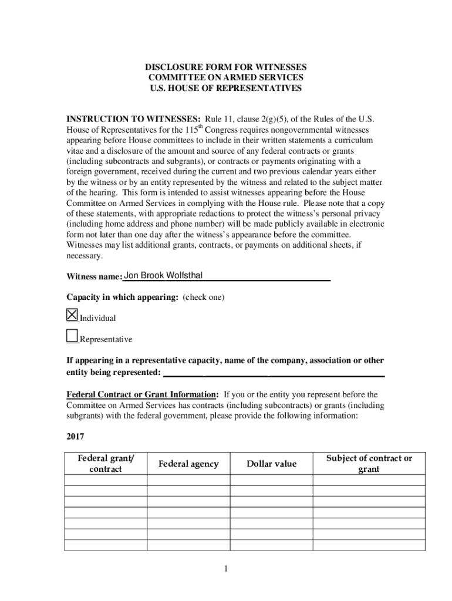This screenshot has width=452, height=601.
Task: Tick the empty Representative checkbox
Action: coord(72,336)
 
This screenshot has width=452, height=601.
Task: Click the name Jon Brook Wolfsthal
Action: coord(164,275)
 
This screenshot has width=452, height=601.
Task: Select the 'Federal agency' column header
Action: coord(188,464)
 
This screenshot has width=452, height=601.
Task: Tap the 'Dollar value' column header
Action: coord(271,464)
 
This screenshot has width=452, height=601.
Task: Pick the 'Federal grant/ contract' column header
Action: coord(106,464)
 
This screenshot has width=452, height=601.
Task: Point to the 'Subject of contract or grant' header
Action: coord(369,464)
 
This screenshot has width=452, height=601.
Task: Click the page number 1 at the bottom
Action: coord(226,568)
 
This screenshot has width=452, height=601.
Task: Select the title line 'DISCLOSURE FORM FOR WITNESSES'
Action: coord(226,67)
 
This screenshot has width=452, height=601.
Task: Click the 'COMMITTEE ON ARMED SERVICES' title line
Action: coord(226,77)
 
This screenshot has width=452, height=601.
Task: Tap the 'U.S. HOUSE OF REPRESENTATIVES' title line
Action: coord(226,88)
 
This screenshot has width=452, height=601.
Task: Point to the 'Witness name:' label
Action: coord(94,276)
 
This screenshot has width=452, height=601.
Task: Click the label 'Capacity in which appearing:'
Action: coord(122,297)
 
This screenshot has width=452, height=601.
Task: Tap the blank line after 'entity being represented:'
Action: coord(274,373)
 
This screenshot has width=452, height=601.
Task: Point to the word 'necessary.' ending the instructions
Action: coord(85,256)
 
